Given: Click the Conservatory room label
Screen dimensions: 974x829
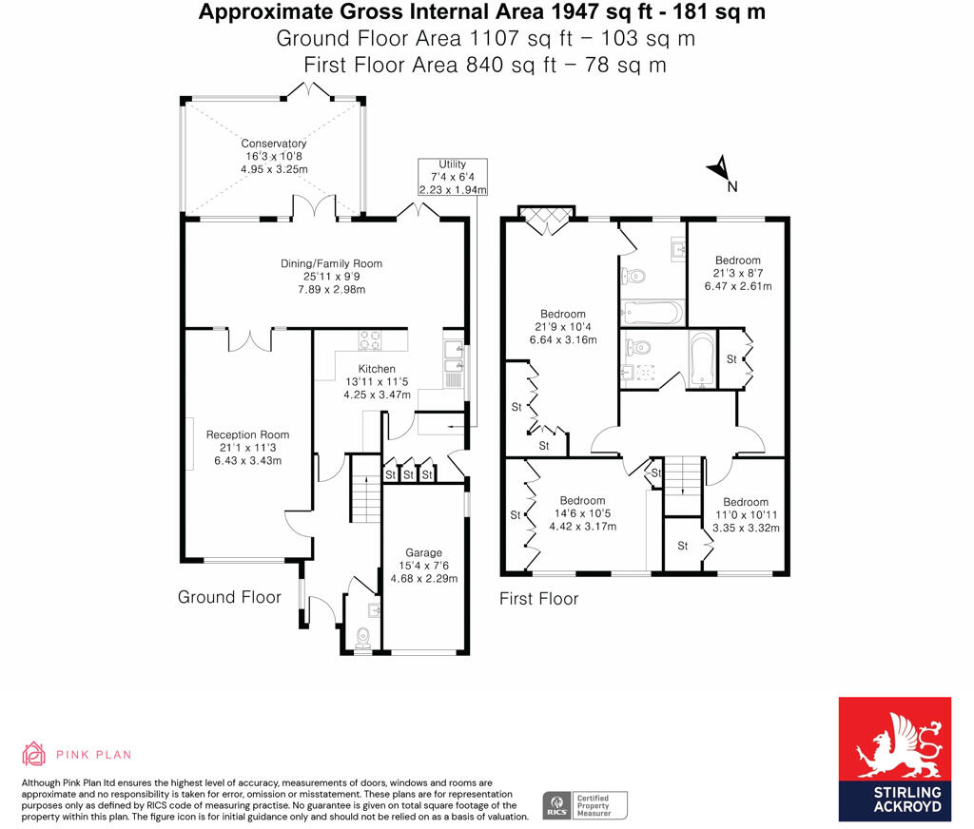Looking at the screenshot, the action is click(273, 144).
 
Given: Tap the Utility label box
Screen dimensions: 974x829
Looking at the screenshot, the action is click(452, 177).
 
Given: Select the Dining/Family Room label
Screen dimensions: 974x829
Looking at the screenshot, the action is click(331, 263).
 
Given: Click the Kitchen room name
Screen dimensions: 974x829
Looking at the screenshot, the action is click(377, 369).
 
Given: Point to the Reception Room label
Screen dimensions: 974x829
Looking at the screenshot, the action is click(248, 434).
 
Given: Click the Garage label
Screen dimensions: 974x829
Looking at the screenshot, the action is click(423, 552).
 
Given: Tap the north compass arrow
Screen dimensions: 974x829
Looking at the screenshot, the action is click(719, 166).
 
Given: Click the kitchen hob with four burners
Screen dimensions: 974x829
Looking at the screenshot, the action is click(370, 340).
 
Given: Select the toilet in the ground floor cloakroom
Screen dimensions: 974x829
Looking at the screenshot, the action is click(362, 638).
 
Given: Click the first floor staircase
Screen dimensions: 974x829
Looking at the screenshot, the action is click(683, 475).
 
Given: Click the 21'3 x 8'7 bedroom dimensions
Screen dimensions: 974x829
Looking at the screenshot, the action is click(738, 273).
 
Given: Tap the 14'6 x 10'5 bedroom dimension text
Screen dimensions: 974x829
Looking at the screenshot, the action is click(583, 513).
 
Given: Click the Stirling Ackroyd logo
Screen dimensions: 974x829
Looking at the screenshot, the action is click(894, 759).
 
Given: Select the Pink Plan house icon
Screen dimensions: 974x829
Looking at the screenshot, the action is click(33, 753).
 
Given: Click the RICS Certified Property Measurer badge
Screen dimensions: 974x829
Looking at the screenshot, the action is click(585, 805).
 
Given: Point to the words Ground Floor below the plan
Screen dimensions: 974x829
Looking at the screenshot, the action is click(229, 597).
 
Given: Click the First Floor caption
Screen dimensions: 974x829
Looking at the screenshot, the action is click(538, 599).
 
